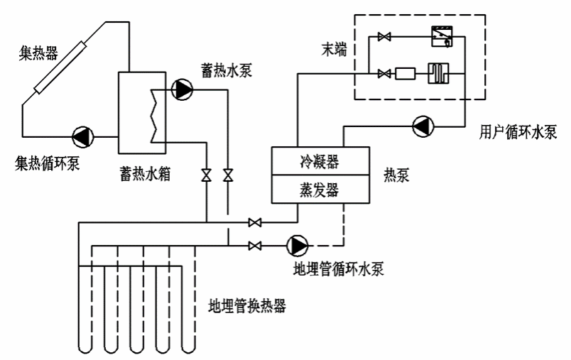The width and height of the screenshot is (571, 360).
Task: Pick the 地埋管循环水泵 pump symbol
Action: coord(297,246)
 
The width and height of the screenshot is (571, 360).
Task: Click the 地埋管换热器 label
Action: coord(246,307)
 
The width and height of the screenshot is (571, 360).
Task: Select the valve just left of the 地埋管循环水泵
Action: coord(255,246)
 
